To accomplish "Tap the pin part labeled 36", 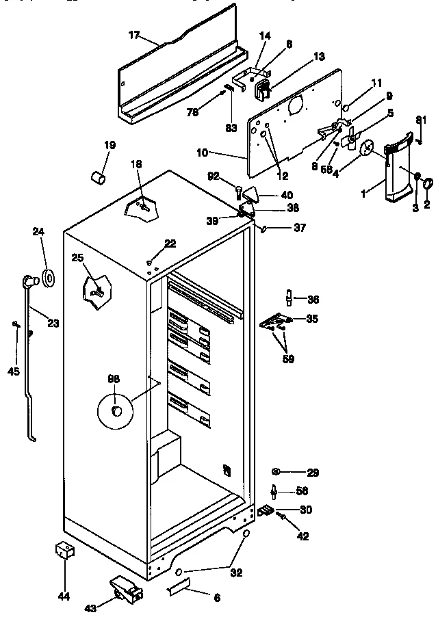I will (289, 298).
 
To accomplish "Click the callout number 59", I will (288, 358).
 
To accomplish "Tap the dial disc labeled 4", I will (368, 146).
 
